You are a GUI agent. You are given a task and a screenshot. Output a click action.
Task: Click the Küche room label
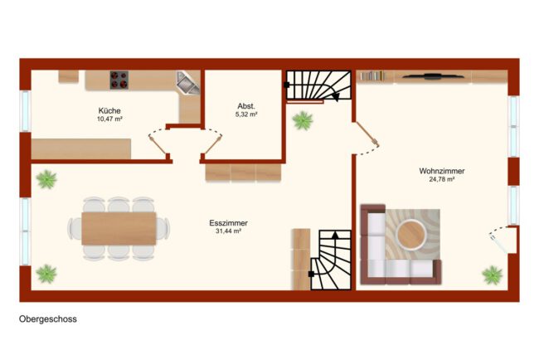(x=109, y=110)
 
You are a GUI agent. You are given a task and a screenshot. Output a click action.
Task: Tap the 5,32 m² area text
(x=246, y=114)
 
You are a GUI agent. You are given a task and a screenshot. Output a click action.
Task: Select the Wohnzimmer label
(x=442, y=171)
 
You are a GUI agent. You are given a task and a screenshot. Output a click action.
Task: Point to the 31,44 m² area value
(x=228, y=231)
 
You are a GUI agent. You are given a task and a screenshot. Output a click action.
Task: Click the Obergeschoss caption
(x=48, y=319)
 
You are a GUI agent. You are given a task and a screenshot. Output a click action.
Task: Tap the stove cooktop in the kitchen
(x=119, y=80)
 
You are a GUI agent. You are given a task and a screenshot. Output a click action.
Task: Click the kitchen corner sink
(x=187, y=82)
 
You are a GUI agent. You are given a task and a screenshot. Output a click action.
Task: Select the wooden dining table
(x=119, y=229)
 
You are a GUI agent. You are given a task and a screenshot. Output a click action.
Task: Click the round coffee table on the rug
(x=410, y=234)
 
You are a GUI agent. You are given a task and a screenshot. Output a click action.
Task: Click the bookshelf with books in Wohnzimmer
(x=372, y=75)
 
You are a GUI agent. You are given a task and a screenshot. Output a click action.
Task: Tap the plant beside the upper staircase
(x=303, y=120)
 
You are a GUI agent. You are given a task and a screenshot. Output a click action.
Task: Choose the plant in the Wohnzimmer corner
(x=493, y=275)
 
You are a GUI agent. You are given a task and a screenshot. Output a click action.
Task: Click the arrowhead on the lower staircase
(x=335, y=235)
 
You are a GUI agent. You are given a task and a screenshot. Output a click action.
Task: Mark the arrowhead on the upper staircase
(x=336, y=97)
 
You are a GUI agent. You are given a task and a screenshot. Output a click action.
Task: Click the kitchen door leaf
(x=158, y=145)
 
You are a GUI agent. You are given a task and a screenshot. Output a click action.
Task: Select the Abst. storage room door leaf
(x=213, y=144)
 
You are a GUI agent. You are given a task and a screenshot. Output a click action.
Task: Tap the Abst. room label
(x=246, y=106)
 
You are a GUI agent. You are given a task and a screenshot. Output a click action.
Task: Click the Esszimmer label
(x=228, y=223)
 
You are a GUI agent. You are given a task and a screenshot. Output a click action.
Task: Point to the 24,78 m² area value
(x=442, y=179)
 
